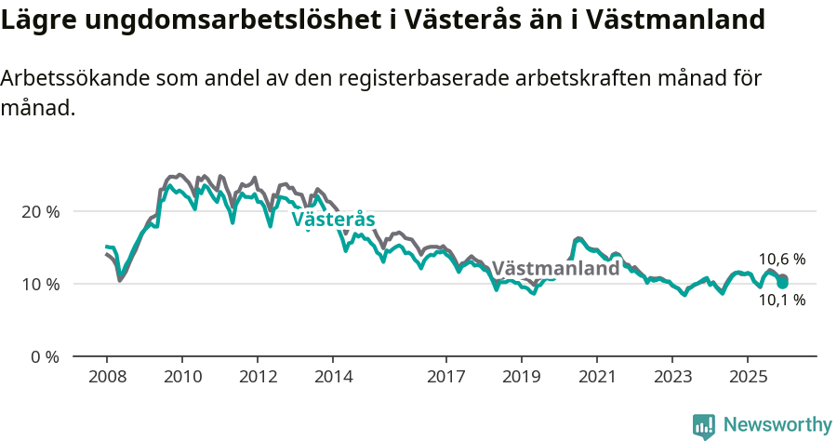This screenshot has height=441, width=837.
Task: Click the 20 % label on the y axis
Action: click(x=41, y=212)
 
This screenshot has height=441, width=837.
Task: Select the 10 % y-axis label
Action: click(x=41, y=284)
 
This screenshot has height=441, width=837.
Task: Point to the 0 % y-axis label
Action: click(x=45, y=356)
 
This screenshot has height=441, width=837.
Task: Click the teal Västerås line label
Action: click(x=333, y=220)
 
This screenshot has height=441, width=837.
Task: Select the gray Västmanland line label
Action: click(x=555, y=269)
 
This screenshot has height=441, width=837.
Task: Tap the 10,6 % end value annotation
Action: click(x=781, y=260)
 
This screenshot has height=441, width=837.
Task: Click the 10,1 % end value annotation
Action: click(x=781, y=301)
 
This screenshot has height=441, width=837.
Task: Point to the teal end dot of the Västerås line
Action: click(x=783, y=282)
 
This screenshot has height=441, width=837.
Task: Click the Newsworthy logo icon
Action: click(x=704, y=425)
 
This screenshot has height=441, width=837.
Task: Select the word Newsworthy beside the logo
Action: click(x=777, y=425)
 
